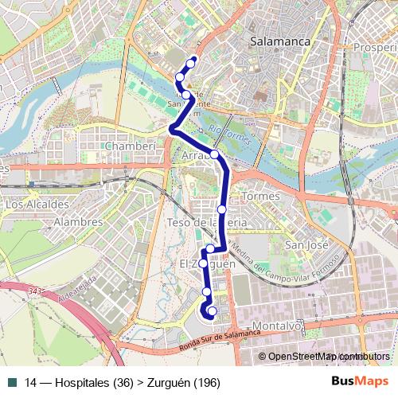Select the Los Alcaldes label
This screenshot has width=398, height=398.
click(x=37, y=205)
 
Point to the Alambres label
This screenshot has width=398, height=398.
click(x=77, y=222)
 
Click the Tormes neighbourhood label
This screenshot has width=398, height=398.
click(x=259, y=196)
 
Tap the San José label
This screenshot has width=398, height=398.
click(x=306, y=245)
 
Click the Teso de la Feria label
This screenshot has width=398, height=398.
click(x=201, y=223)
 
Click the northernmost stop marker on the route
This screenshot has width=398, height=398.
click(x=191, y=63)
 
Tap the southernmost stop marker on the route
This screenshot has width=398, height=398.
click(x=211, y=310)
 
